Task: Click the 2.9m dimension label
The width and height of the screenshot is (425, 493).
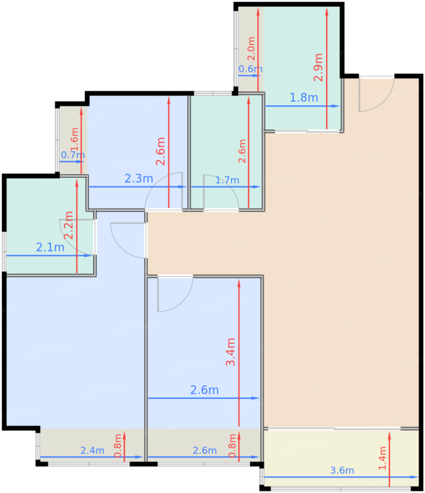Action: [x=318, y=68]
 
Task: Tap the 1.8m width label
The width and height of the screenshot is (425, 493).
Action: [x=304, y=98]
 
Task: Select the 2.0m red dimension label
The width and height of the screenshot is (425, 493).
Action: [x=251, y=49]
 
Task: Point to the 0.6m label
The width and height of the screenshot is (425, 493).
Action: [x=250, y=69]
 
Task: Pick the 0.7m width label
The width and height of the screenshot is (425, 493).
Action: [x=73, y=155]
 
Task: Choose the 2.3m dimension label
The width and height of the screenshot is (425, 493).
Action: [x=139, y=179]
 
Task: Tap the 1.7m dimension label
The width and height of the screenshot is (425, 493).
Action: [x=227, y=180]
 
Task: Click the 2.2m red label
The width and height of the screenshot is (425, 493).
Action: [x=69, y=225]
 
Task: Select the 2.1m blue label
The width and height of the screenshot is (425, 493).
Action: [x=50, y=247]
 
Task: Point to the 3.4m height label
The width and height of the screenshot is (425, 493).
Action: [x=231, y=352]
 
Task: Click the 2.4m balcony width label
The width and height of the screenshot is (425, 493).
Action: [x=92, y=450]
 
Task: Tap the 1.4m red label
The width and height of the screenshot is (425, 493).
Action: [x=382, y=458]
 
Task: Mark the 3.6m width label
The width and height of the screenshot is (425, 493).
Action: [x=342, y=470]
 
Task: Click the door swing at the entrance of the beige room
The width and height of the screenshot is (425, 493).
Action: [x=376, y=94]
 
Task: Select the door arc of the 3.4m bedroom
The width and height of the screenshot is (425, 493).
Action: [x=175, y=294]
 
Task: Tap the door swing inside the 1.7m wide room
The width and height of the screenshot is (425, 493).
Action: [x=221, y=192]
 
